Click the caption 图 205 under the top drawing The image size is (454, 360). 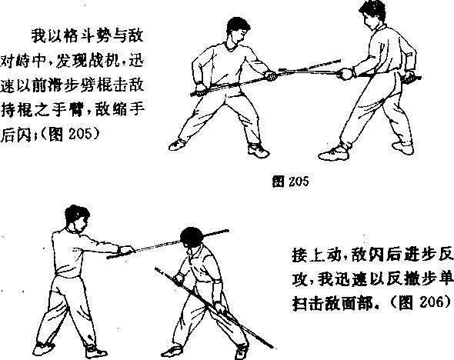click(290, 182)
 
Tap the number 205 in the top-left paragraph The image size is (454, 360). click(81, 134)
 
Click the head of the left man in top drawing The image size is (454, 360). click(238, 30)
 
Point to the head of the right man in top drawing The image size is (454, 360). click(372, 15)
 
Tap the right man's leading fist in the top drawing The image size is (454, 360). click(347, 74)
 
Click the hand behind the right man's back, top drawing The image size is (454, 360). click(409, 76)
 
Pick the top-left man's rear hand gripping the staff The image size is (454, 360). click(200, 89)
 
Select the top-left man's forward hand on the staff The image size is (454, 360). click(272, 76)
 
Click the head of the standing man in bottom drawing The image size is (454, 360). click(76, 218)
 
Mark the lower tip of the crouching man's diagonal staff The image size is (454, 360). click(272, 346)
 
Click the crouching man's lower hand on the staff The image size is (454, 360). click(219, 307)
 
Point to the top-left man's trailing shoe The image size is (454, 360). click(177, 145)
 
